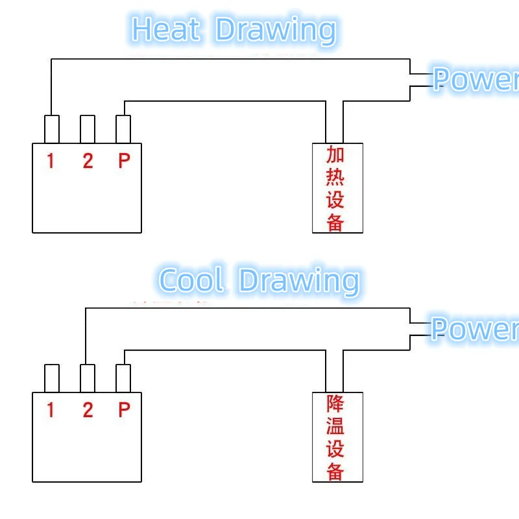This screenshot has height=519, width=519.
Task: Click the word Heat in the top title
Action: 165,29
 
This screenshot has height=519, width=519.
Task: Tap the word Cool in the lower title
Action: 191,280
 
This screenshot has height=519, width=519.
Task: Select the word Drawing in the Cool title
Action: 298,281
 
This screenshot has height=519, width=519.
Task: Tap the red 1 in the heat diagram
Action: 51,160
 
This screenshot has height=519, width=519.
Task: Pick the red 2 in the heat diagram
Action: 88,160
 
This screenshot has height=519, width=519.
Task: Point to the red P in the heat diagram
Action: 124,160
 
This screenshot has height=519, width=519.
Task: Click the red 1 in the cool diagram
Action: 51,409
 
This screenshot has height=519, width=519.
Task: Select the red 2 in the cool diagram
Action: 88,409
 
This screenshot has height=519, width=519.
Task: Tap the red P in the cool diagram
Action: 124,409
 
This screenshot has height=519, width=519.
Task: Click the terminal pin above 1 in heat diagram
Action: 52,129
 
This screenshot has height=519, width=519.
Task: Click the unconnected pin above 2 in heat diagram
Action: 88,129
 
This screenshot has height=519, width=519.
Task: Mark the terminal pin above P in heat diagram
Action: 123,129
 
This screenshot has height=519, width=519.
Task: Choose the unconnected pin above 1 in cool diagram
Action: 52,378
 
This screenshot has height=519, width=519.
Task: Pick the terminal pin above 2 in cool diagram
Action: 88,378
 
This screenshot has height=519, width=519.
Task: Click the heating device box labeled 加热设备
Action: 337,188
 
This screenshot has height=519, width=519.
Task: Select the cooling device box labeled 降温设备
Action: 337,437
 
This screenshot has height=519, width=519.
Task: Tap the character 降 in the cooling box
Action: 335,404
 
